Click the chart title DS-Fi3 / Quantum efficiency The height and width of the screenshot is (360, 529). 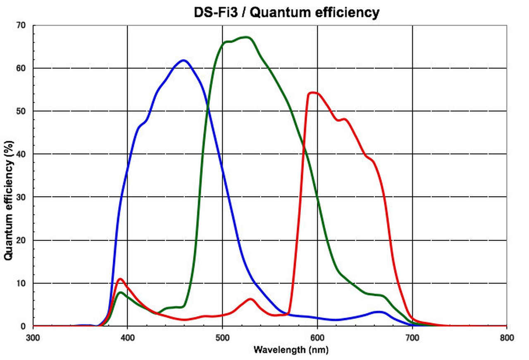(x=286, y=12)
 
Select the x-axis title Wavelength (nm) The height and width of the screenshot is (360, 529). (x=291, y=350)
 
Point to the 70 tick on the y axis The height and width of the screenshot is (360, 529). (x=21, y=26)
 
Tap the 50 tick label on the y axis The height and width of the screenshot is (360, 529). (x=21, y=111)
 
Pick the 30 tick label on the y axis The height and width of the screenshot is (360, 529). (x=21, y=197)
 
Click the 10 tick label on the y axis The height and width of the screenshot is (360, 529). (x=21, y=284)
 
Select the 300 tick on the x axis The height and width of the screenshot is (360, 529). (x=33, y=337)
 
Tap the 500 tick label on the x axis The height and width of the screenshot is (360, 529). (x=222, y=337)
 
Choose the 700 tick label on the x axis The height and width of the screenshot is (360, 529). (x=412, y=337)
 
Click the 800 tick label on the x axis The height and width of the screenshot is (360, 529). (x=507, y=337)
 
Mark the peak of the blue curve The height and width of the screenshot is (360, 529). (x=184, y=60)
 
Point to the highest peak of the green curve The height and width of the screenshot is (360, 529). (x=246, y=37)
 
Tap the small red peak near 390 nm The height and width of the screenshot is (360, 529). (x=120, y=279)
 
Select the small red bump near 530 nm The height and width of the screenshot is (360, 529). (x=250, y=299)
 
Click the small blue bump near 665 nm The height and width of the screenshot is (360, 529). (x=379, y=312)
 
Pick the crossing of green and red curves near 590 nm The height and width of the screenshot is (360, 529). (x=305, y=147)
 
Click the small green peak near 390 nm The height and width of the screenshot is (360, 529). (x=120, y=293)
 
